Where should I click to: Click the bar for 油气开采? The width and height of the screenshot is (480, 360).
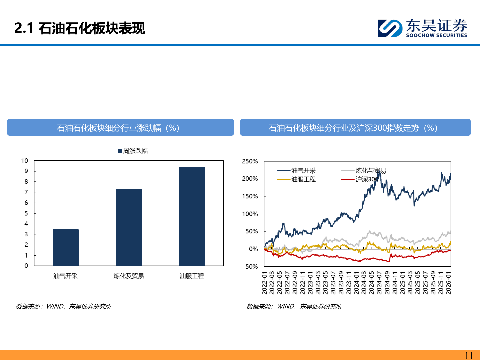[x=66, y=247]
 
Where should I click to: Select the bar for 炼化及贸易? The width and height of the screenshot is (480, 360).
[x=129, y=227]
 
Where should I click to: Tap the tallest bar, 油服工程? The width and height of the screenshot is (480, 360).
[x=192, y=216]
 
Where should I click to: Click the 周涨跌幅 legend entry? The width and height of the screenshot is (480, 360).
[x=133, y=151]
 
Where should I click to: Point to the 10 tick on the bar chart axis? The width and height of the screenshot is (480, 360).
[x=25, y=161]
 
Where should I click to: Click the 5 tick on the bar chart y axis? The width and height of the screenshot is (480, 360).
[x=26, y=213]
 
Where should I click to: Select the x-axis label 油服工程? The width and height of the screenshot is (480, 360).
[x=192, y=276]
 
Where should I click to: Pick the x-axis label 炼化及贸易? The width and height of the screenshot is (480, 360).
[x=129, y=276]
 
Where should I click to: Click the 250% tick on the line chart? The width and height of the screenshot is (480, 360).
[x=250, y=161]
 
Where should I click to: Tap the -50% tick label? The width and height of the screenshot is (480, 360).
[x=250, y=266]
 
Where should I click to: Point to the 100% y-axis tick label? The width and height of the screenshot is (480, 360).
[x=250, y=214]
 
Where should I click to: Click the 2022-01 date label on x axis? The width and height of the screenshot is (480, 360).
[x=265, y=283]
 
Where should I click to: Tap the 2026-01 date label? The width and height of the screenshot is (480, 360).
[x=449, y=283]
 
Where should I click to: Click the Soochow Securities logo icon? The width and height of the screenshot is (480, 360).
[x=390, y=28]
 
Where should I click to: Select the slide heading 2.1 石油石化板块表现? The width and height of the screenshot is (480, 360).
[x=80, y=28]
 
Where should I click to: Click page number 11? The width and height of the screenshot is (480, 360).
[x=469, y=355]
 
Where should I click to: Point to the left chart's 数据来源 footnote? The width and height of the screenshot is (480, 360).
[x=64, y=306]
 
